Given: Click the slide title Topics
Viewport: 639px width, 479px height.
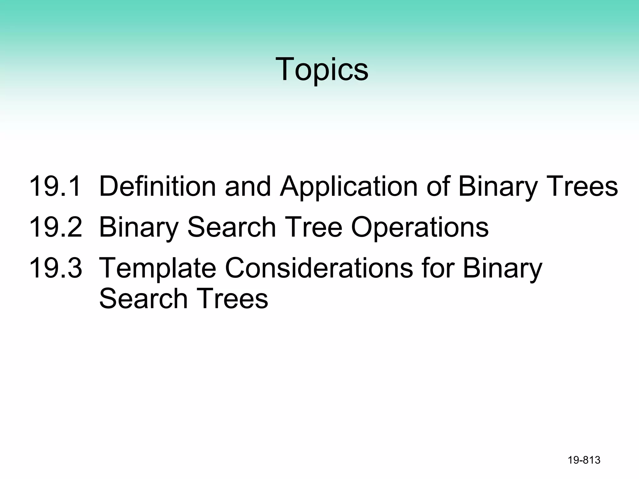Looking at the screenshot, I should pos(322,69).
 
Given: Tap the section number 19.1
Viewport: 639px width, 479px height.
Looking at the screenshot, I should pos(55,186).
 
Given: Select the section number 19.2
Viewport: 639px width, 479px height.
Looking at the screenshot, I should pos(55,227).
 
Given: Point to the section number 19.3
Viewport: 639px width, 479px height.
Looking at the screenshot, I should pos(55,268).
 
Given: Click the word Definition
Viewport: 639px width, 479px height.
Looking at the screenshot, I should pos(157,186).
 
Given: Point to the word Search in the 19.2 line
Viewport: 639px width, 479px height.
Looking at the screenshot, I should pos(232,227).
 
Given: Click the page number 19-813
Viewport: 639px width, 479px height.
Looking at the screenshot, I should pos(584,460).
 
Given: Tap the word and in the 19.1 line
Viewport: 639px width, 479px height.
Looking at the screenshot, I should pos(248,186).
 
